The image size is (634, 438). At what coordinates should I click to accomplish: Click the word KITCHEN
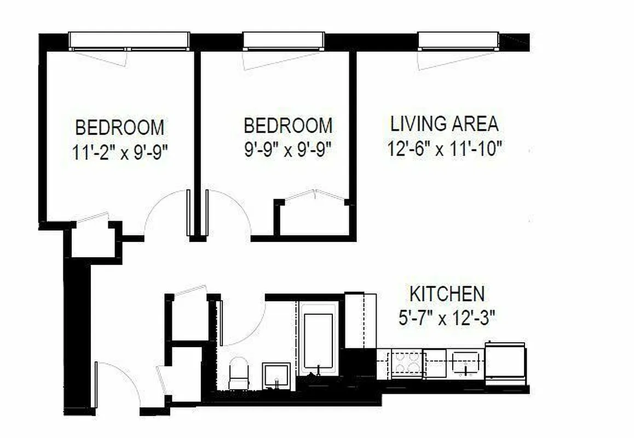pyautogui.click(x=447, y=294)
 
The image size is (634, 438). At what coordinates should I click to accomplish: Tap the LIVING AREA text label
pyautogui.click(x=444, y=124)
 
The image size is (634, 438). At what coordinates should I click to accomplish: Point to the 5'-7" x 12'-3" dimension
pyautogui.click(x=447, y=318)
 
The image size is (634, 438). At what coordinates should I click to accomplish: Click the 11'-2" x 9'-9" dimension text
pyautogui.click(x=119, y=152)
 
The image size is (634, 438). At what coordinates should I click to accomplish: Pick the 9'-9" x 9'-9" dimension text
pyautogui.click(x=287, y=149)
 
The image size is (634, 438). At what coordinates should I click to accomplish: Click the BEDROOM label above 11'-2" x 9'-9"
pyautogui.click(x=119, y=128)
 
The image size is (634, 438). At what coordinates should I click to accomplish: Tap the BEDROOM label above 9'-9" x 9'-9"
pyautogui.click(x=287, y=125)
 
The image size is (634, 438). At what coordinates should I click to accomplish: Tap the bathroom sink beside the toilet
pyautogui.click(x=276, y=374)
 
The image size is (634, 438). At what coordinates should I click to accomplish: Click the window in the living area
pyautogui.click(x=458, y=40)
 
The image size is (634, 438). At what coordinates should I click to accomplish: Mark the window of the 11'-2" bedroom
pyautogui.click(x=129, y=40)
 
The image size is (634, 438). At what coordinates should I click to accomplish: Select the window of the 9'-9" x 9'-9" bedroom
pyautogui.click(x=283, y=40)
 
